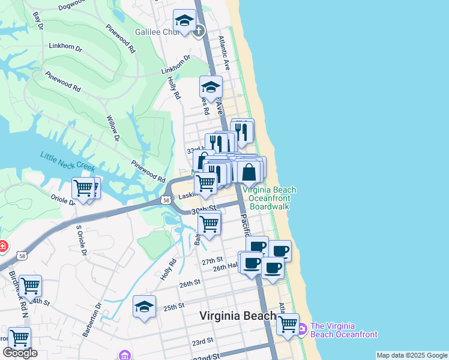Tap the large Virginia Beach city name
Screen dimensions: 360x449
(x=237, y=316)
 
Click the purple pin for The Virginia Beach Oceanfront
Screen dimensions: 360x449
(x=301, y=328)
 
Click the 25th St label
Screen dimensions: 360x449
(x=173, y=307)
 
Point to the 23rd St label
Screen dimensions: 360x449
(x=203, y=341)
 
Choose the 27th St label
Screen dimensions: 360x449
(x=212, y=262)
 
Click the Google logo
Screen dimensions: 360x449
(x=20, y=353)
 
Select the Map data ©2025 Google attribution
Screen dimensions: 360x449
(x=412, y=355)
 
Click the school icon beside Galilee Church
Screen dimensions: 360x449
(x=184, y=22)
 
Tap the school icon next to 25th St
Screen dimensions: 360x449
(x=145, y=307)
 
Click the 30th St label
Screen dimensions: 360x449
(x=203, y=211)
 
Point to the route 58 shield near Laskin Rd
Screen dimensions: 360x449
(x=165, y=199)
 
